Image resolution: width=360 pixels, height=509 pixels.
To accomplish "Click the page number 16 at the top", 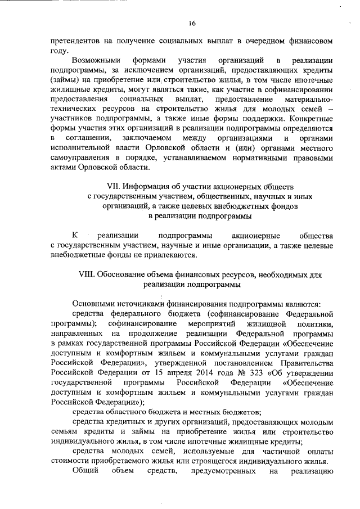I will tap(192, 23).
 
